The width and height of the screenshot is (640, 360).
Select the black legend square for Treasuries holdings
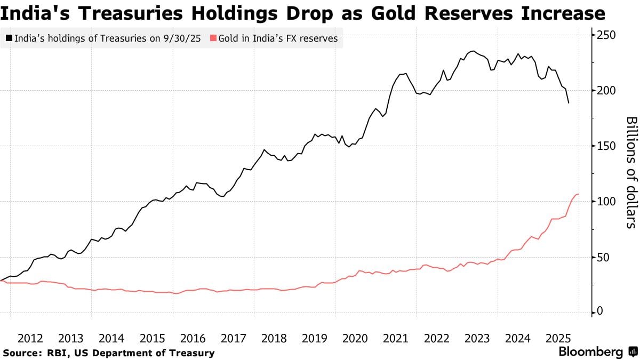tap(9, 38)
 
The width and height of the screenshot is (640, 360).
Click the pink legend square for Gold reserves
tap(213, 38)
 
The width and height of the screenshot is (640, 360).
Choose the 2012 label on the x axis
tap(30, 338)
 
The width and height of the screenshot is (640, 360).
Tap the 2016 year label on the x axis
tap(193, 338)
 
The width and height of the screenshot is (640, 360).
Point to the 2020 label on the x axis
tap(355, 338)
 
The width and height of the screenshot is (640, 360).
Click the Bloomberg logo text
tap(590, 352)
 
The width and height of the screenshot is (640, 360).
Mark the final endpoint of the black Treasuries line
tap(569, 103)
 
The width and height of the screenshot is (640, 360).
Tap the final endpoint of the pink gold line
tap(579, 194)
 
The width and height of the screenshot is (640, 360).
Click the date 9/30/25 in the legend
tap(183, 38)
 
